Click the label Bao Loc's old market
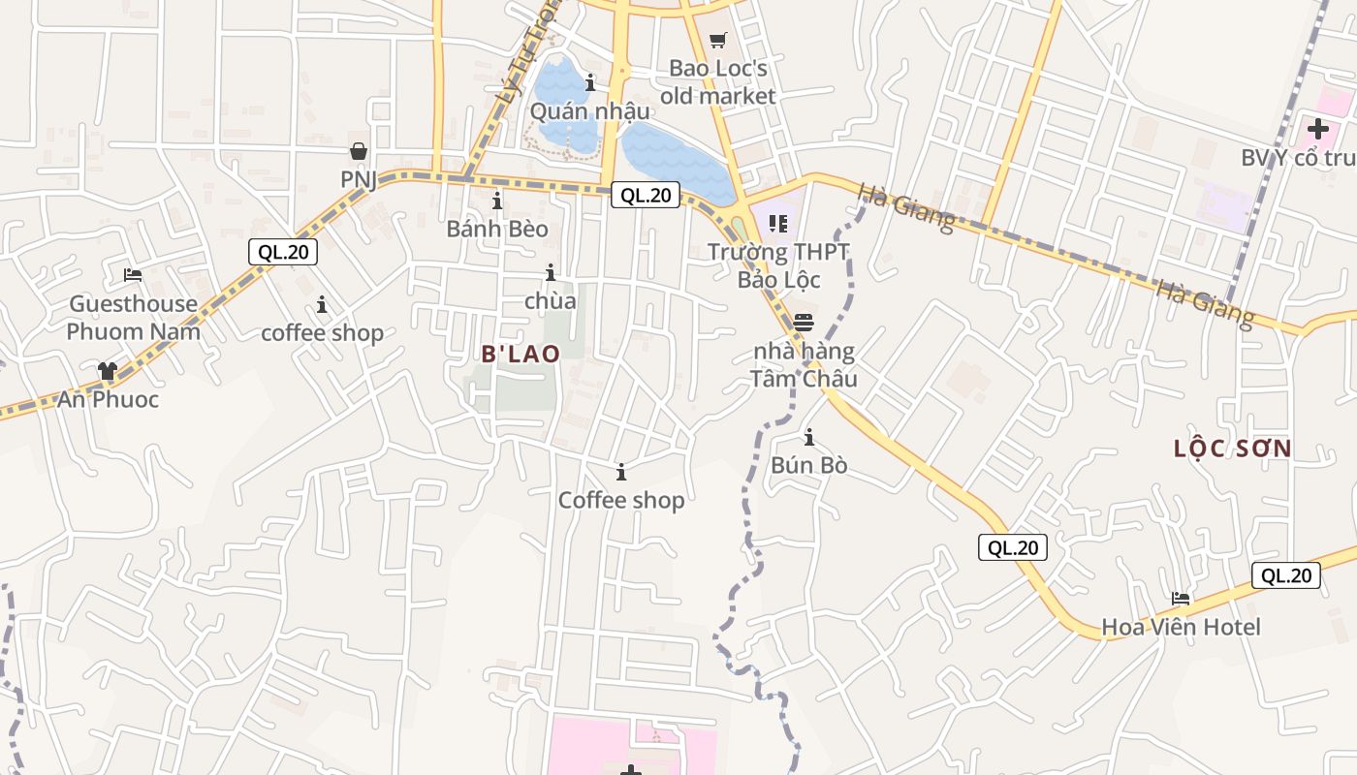(717, 82)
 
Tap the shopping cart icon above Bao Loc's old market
(717, 41)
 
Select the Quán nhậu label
(589, 111)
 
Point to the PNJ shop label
(358, 179)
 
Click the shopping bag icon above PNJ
(359, 151)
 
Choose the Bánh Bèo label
(497, 230)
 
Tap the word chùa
(551, 301)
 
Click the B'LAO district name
(521, 355)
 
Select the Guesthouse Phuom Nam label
(134, 318)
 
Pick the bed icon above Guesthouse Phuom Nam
(134, 275)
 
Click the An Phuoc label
(108, 399)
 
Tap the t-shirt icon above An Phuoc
(108, 371)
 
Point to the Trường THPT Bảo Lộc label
(778, 265)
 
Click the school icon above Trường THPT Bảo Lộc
(777, 224)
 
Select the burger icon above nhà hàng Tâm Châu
(804, 322)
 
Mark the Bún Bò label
(809, 466)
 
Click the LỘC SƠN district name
(1232, 449)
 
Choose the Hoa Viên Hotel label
(1181, 627)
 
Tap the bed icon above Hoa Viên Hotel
(1181, 599)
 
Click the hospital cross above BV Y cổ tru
(1318, 128)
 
